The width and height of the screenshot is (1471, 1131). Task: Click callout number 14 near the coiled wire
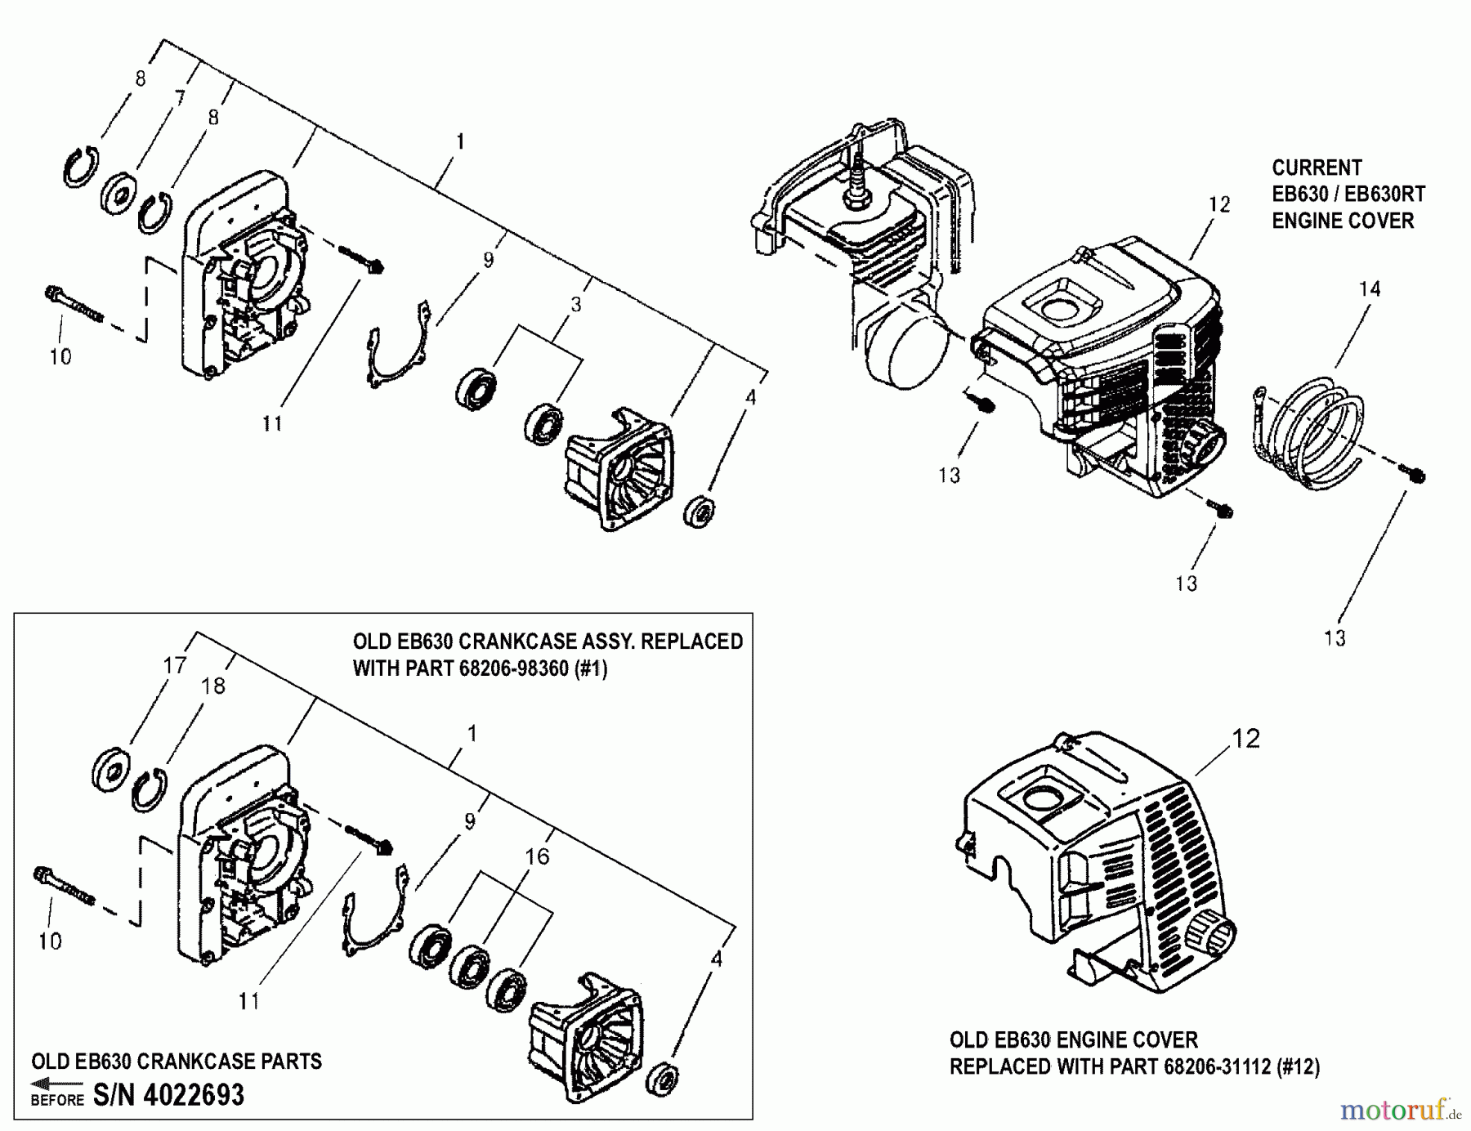pos(1370,289)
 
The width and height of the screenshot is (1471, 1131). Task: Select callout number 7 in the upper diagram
pos(180,99)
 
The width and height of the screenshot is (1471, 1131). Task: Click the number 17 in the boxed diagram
pos(175,666)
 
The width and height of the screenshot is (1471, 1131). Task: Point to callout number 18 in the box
pos(212,686)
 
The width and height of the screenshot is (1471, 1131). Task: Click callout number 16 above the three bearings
pos(537,856)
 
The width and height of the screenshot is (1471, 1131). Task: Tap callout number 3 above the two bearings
pos(576,305)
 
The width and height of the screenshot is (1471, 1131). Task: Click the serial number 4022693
pos(193,1095)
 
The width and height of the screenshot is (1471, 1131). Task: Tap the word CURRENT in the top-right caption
pos(1317,168)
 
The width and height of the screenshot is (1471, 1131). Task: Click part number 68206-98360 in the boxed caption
pos(513,668)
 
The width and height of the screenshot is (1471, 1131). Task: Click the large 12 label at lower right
pos(1245,739)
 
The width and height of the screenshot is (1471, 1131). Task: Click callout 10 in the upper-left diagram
pos(60,357)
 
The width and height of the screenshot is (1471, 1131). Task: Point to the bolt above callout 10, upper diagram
pos(74,304)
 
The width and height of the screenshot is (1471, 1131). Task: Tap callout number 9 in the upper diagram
pos(488,260)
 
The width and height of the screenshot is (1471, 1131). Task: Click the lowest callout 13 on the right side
pos(1334,638)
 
